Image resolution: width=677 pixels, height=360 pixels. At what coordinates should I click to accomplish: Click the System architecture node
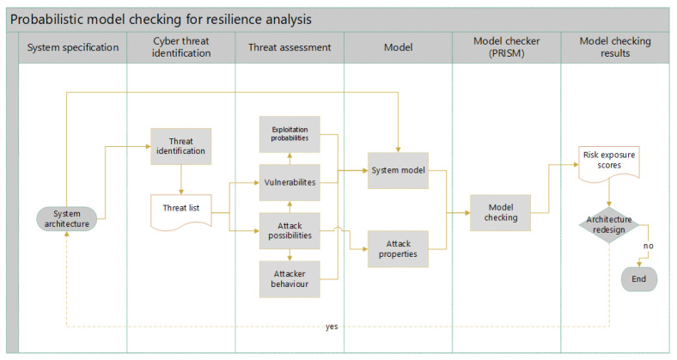click(x=67, y=219)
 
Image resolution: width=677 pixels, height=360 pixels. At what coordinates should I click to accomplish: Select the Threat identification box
click(x=180, y=145)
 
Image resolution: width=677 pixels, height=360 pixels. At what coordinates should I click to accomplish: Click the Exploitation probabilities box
click(x=290, y=134)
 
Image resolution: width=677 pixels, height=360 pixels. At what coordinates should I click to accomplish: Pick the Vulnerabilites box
click(x=290, y=182)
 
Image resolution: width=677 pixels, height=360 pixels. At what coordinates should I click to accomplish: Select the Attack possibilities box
click(x=290, y=230)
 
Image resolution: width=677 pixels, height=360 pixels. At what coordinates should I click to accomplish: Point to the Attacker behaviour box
click(x=290, y=278)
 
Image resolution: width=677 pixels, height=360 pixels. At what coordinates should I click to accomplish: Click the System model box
click(x=398, y=170)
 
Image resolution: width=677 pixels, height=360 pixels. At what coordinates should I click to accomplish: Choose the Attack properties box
click(x=398, y=248)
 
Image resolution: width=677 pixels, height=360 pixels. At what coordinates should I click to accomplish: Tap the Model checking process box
click(x=500, y=212)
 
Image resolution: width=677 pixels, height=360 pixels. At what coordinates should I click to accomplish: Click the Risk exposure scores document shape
click(x=607, y=161)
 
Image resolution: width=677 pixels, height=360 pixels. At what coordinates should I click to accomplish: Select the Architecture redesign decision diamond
click(x=608, y=224)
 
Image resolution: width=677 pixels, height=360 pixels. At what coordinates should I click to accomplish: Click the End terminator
click(x=638, y=278)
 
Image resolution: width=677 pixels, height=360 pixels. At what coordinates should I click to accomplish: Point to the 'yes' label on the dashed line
click(x=332, y=327)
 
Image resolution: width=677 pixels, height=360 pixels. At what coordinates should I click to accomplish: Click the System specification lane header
click(x=72, y=47)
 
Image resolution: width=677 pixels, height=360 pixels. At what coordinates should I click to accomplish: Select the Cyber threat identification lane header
click(x=180, y=47)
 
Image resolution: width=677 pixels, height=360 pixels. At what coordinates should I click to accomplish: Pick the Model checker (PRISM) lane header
click(x=506, y=47)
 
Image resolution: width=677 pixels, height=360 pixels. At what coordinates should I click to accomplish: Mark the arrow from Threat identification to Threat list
click(x=181, y=179)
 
